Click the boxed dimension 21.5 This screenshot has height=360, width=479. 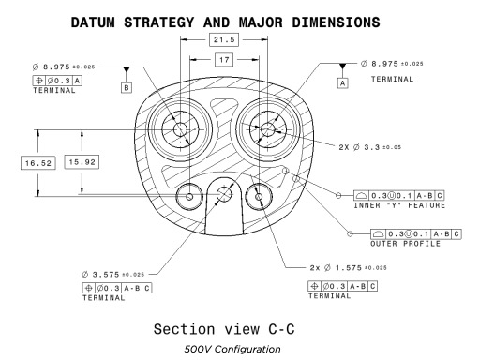coord(224,39)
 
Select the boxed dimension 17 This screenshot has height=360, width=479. coord(224,59)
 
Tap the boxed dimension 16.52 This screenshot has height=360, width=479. coord(38,163)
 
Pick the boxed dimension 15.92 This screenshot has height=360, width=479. coord(82,162)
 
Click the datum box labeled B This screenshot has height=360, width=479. coord(127,87)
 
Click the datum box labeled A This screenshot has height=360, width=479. coord(343,83)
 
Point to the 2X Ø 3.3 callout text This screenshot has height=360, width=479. coord(369,147)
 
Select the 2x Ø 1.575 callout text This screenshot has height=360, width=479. coord(348,268)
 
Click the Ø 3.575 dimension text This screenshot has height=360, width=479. coord(113,275)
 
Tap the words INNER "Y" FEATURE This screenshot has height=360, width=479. coord(399,205)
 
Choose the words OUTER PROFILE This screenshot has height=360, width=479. coord(406,244)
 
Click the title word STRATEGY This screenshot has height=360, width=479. coord(159,22)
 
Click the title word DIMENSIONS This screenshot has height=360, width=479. coord(336,22)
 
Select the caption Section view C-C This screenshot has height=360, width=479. coord(224,329)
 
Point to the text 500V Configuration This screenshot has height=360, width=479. coord(232,349)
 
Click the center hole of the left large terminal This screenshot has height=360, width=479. coord(180,129)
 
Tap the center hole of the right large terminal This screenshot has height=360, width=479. coord(267,129)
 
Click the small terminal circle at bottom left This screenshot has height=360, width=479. coord(189,197)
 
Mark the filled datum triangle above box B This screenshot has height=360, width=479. coord(127,69)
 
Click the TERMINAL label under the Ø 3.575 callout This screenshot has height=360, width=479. coord(104,298)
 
